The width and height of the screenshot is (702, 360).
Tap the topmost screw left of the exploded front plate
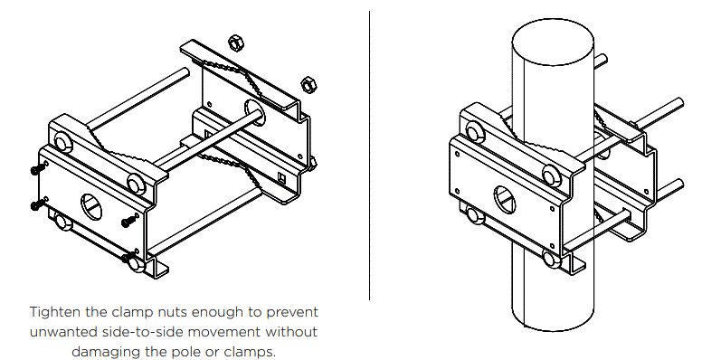35,170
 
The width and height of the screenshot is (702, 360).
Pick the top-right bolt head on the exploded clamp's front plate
137,184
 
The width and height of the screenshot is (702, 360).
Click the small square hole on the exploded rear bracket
282,177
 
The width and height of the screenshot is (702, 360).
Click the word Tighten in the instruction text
54,312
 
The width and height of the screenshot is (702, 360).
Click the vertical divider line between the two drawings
369,154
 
